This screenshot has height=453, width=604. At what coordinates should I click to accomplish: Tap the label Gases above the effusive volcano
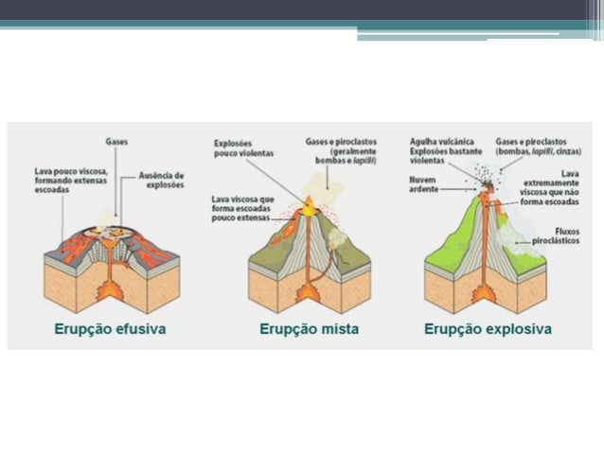pos(117,142)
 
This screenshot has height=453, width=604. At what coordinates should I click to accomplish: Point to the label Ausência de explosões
pos(161,179)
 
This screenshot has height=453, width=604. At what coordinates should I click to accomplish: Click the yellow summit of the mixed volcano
pos(309,200)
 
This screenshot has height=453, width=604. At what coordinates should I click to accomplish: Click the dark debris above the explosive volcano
pos(487,176)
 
